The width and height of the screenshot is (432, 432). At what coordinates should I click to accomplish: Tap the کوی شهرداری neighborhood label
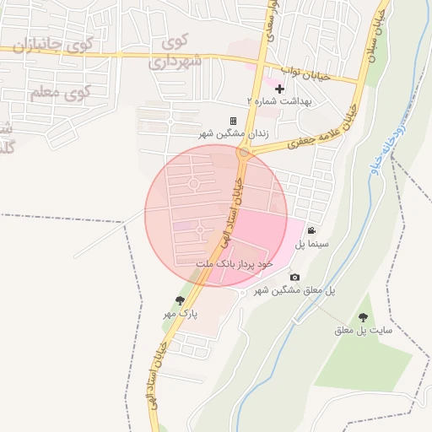(x=175, y=53)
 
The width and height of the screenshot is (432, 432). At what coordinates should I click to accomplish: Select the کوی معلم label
(x=58, y=93)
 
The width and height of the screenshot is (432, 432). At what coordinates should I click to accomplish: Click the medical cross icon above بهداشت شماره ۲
(x=279, y=88)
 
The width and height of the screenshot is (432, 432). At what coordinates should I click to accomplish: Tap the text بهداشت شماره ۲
(x=279, y=100)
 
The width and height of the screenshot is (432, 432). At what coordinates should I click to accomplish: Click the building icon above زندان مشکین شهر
(x=233, y=121)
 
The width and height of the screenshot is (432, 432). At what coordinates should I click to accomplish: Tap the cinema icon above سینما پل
(x=311, y=231)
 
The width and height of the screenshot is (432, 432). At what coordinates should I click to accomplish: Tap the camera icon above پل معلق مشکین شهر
(x=294, y=277)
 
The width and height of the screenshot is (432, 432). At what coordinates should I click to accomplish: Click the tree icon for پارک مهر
(x=180, y=300)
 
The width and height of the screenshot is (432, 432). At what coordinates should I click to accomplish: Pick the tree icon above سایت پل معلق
(x=363, y=317)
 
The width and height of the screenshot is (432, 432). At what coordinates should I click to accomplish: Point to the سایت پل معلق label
(x=364, y=331)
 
